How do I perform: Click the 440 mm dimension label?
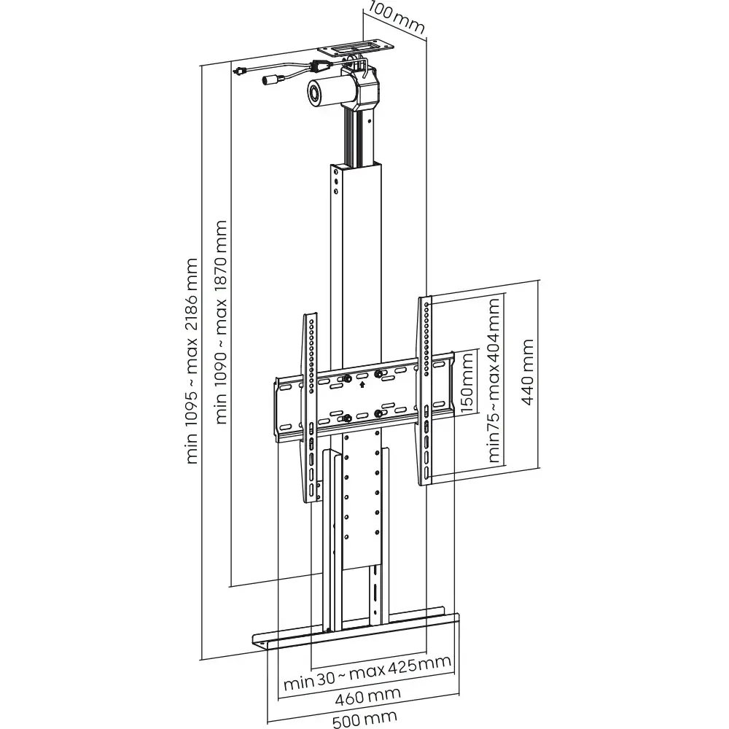click(x=526, y=375)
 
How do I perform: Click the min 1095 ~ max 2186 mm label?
click(x=192, y=360)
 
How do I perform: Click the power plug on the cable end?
click(x=238, y=71)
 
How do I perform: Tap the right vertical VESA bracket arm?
click(x=426, y=390)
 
